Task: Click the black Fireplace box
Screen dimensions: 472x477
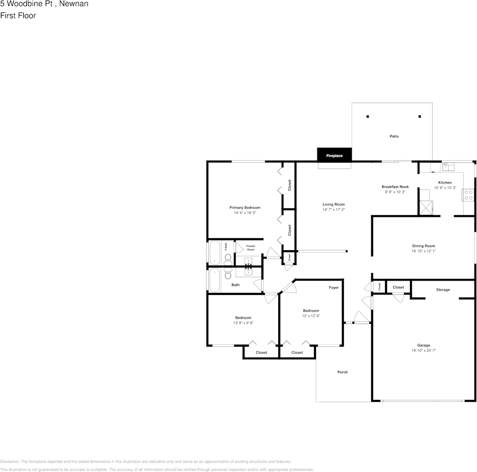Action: (x=334, y=155)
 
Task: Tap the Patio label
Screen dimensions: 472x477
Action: (x=394, y=136)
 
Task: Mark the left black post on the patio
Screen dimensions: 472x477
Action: (x=368, y=117)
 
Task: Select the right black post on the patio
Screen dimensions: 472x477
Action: (x=420, y=117)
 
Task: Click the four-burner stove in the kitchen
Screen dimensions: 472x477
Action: (x=469, y=195)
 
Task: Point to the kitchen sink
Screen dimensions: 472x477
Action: (x=449, y=167)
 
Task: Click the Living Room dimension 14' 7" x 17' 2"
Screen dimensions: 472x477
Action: (x=333, y=209)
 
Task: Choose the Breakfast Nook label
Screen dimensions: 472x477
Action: (x=395, y=187)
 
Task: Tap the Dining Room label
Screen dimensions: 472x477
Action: (x=423, y=246)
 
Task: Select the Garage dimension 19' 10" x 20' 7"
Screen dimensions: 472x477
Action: (x=423, y=351)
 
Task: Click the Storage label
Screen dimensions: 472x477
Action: (x=443, y=289)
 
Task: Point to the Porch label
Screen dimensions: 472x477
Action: (x=342, y=372)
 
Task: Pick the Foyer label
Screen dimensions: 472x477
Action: (x=333, y=287)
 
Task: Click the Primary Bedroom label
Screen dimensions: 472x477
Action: (x=244, y=207)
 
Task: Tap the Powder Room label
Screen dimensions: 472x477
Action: (x=250, y=247)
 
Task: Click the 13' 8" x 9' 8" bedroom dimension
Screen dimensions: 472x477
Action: (x=243, y=323)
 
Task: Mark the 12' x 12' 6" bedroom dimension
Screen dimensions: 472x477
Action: (x=311, y=316)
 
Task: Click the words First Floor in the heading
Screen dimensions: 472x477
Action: (x=18, y=15)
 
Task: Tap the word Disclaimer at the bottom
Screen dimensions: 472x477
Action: (x=10, y=462)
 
